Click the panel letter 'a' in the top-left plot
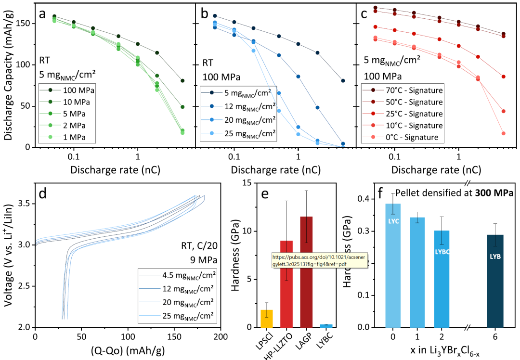[x=43, y=14]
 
